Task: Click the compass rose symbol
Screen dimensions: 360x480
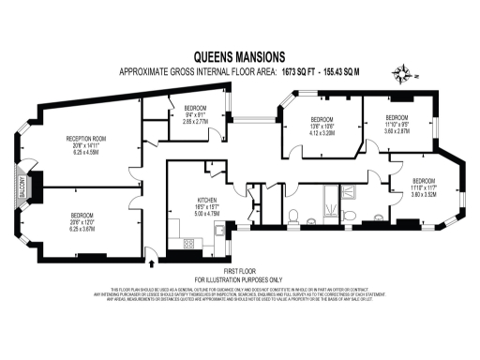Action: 405,75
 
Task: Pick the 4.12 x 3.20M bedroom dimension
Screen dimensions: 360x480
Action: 322,133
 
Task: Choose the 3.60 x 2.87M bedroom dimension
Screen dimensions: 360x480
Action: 397,132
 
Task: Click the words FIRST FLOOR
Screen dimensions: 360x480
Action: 237,272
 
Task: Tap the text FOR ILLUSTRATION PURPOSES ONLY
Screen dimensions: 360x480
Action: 237,279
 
